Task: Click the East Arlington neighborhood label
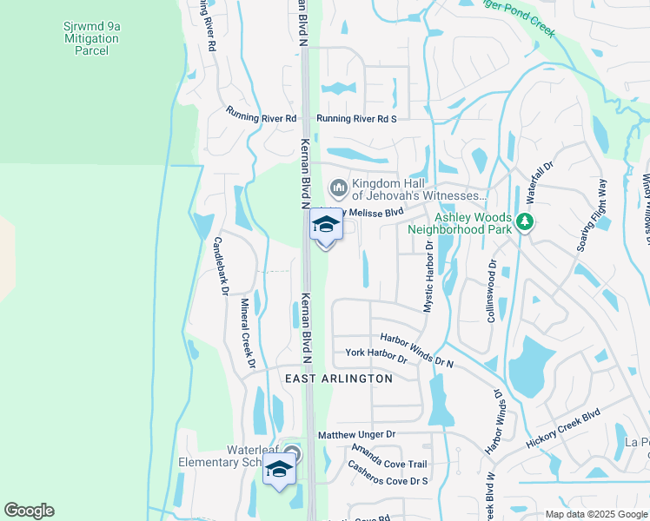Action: click(339, 379)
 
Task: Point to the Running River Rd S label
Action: click(356, 119)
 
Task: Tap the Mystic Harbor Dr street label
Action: click(428, 275)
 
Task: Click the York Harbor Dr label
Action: click(376, 354)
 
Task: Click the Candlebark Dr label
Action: click(221, 266)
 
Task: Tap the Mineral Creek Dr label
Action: click(247, 331)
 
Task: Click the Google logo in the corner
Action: click(29, 511)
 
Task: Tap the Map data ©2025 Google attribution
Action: click(596, 514)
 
